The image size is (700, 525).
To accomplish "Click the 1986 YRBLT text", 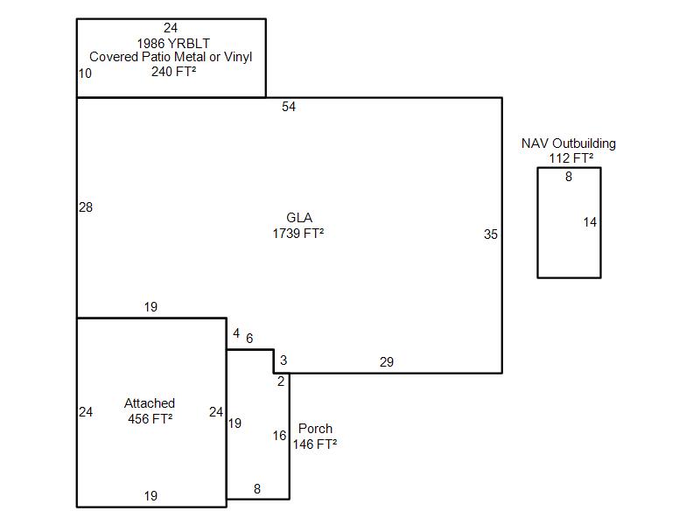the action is pyautogui.click(x=173, y=43).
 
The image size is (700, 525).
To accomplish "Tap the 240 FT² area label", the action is pyautogui.click(x=173, y=72).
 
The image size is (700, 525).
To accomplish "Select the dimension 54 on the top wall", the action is pyautogui.click(x=289, y=107).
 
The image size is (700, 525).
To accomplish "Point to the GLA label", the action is pyautogui.click(x=299, y=217).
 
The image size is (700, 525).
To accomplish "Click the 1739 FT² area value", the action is pyautogui.click(x=298, y=233).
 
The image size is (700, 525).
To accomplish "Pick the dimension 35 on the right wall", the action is pyautogui.click(x=491, y=234).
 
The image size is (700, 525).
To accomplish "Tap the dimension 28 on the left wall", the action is pyautogui.click(x=86, y=207).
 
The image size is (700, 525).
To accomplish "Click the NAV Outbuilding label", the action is pyautogui.click(x=568, y=143).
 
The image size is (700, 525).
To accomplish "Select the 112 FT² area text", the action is pyautogui.click(x=571, y=158).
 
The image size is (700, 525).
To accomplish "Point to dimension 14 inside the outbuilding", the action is pyautogui.click(x=590, y=222).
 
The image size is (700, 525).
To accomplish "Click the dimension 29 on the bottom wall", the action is pyautogui.click(x=387, y=362).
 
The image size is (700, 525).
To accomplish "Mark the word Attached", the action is pyautogui.click(x=150, y=403).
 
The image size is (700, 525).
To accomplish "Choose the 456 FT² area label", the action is pyautogui.click(x=150, y=419).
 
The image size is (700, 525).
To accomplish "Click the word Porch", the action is pyautogui.click(x=315, y=429).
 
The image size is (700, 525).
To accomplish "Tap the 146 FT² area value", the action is pyautogui.click(x=315, y=444).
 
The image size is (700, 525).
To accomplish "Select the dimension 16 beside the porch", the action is pyautogui.click(x=279, y=435).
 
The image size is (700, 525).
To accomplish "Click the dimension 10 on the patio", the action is pyautogui.click(x=85, y=73).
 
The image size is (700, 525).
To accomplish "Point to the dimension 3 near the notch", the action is pyautogui.click(x=283, y=360).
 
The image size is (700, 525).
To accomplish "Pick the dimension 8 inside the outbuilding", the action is pyautogui.click(x=568, y=177).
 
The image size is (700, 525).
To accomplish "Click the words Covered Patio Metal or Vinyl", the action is pyautogui.click(x=171, y=57).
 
